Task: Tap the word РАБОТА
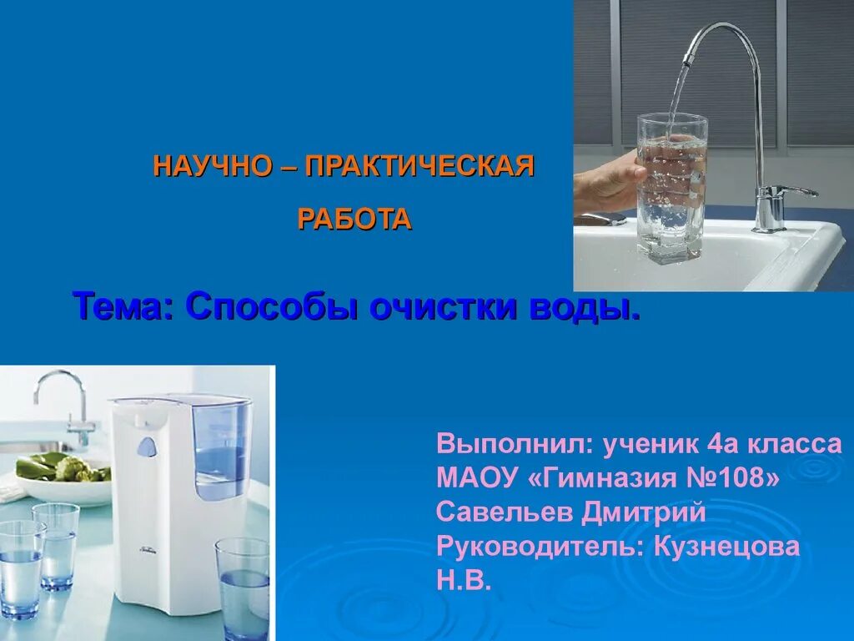[354, 219]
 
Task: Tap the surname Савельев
[500, 512]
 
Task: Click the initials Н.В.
[464, 581]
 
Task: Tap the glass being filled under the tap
[671, 188]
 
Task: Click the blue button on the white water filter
[146, 447]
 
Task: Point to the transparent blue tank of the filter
[221, 447]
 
